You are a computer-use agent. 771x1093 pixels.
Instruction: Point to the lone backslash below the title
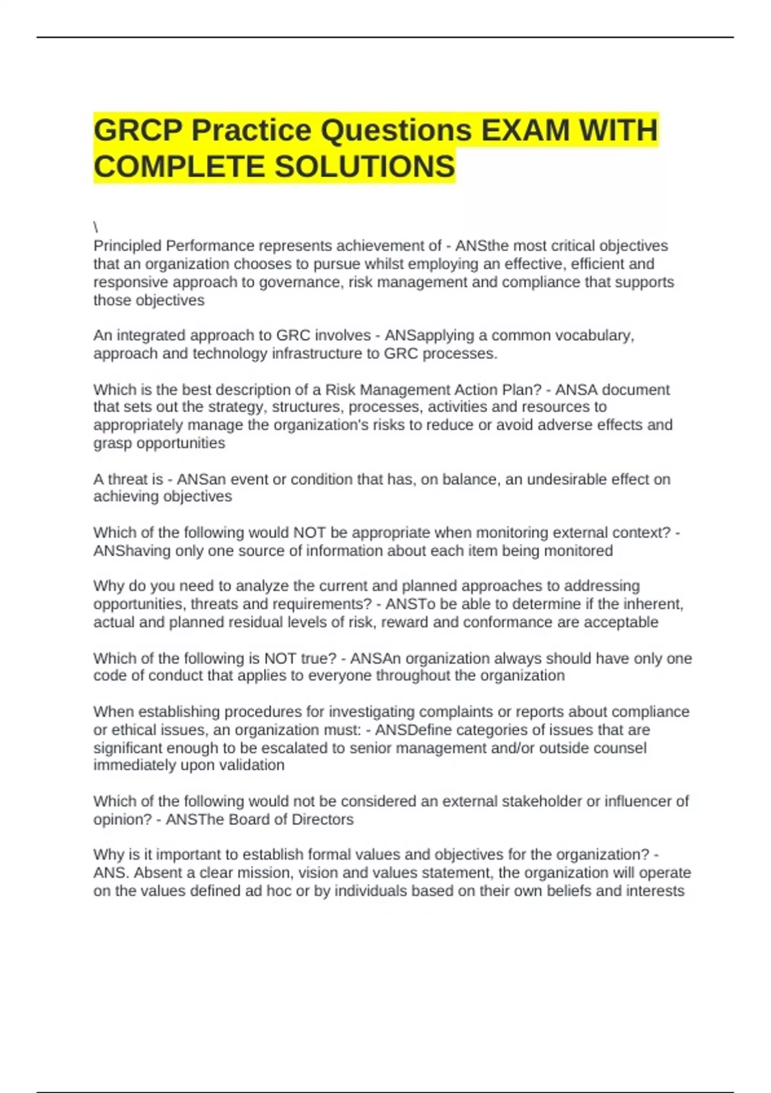tap(96, 227)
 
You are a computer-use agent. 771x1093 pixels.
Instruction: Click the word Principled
tap(127, 246)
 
